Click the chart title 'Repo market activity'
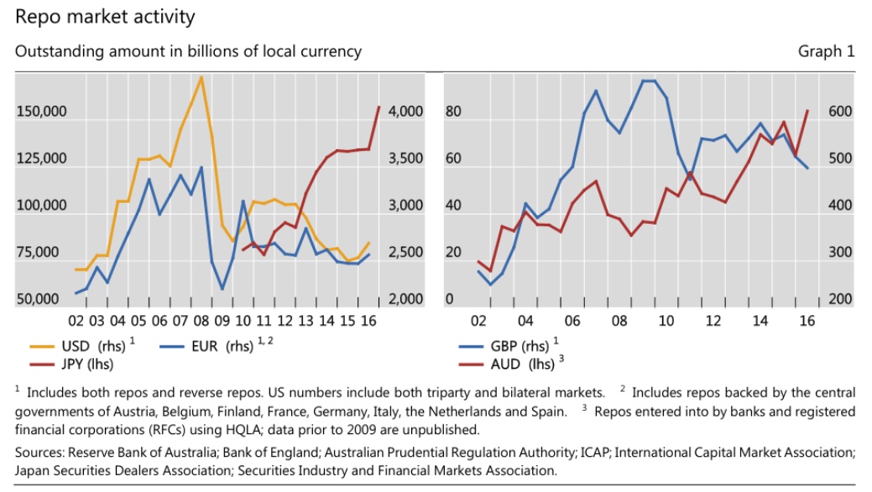point(105,16)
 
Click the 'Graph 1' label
point(826,51)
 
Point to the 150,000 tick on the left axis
point(40,111)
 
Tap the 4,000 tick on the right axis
point(406,111)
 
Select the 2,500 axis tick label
point(406,252)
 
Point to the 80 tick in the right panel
point(454,111)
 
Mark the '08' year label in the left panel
point(201,321)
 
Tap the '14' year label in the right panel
point(760,321)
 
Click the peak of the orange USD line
point(201,77)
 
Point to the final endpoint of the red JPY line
point(379,106)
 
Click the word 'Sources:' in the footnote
point(40,453)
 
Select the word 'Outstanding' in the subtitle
point(54,51)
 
